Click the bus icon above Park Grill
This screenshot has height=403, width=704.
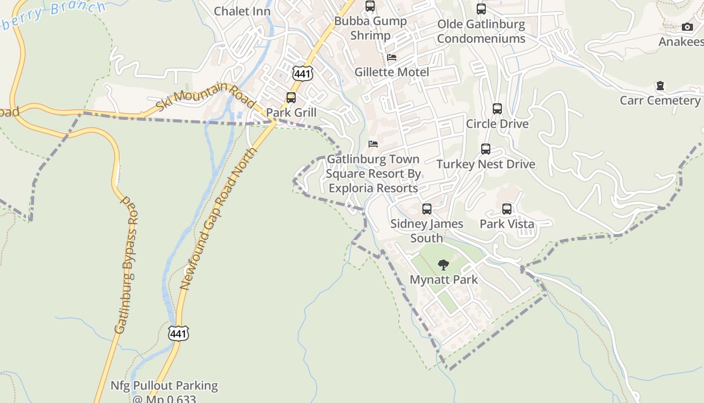pos(291,98)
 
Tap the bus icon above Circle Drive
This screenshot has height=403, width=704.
pos(497,109)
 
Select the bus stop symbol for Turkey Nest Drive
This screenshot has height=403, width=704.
pos(486,149)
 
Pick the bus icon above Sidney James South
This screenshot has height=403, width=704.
pos(427,209)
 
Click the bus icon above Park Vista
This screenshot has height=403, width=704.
pos(507,209)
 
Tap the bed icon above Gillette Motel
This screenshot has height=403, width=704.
pos(392,57)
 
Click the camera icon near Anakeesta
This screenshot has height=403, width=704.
pos(687,27)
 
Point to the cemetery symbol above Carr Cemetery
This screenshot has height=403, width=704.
pos(660,86)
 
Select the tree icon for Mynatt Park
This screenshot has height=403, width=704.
pos(443,264)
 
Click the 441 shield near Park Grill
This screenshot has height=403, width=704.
pos(302,74)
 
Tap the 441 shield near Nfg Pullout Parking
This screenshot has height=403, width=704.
pos(179,332)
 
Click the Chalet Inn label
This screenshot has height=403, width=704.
pos(242,11)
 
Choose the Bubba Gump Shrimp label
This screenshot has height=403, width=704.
pos(371,28)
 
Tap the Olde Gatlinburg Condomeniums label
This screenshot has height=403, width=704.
pos(481,31)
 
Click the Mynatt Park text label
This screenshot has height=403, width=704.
pos(444,280)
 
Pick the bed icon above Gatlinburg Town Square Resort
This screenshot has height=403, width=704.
pos(373,144)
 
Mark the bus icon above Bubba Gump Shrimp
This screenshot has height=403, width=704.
pos(370,6)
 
